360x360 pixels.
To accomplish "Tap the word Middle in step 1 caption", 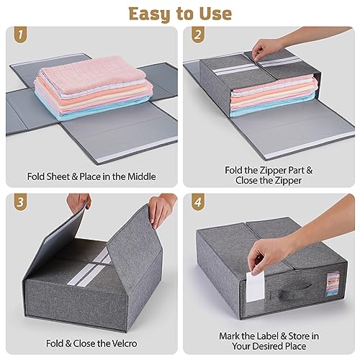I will click(x=140, y=176).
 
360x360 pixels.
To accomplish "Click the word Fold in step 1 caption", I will click(x=41, y=176).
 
